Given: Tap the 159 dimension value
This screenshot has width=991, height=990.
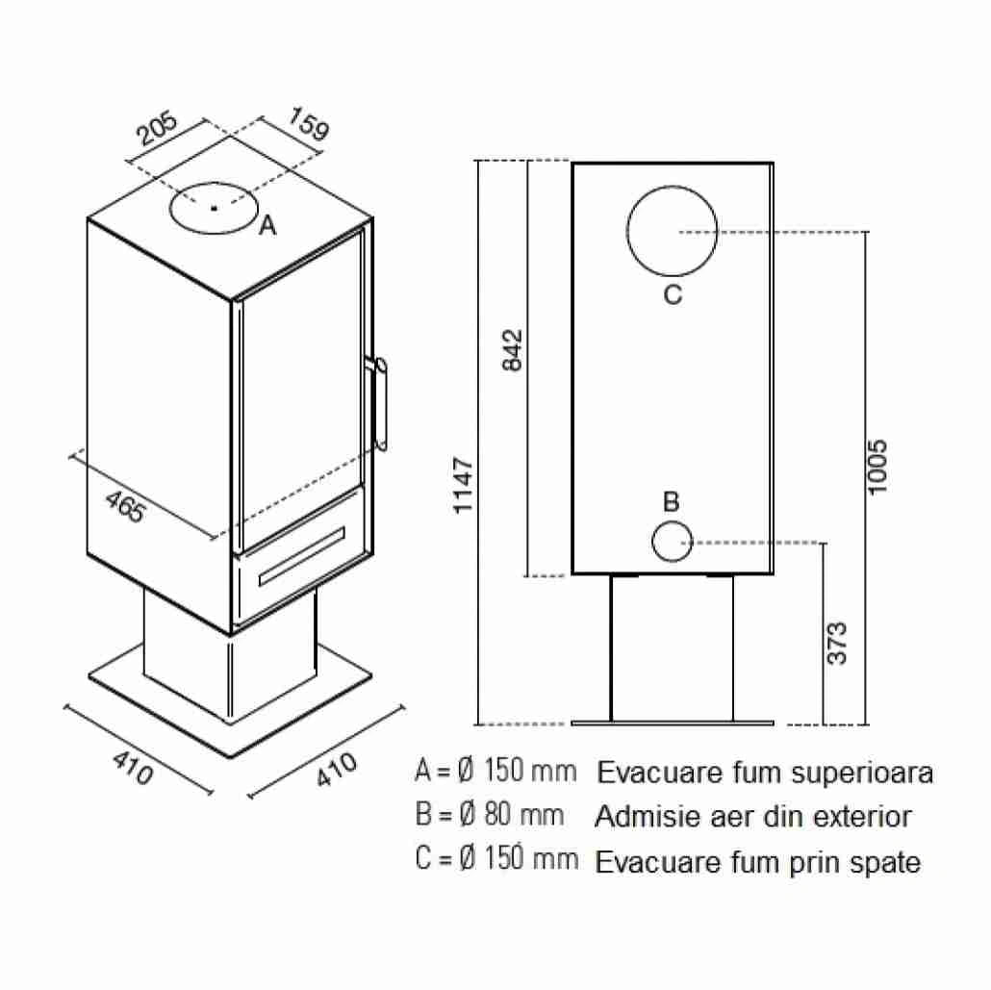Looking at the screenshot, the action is (x=309, y=123).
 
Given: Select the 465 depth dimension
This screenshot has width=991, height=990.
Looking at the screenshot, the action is (x=126, y=506).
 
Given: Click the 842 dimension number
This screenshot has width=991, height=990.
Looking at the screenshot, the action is (x=513, y=349).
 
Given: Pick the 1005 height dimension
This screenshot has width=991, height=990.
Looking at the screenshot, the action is (x=877, y=468).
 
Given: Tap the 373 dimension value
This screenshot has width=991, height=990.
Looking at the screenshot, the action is (x=837, y=643).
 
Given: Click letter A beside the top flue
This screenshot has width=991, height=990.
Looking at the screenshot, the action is (x=268, y=225).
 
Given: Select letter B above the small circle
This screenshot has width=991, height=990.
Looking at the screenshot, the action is (x=672, y=501).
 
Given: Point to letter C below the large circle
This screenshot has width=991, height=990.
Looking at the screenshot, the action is (x=673, y=294).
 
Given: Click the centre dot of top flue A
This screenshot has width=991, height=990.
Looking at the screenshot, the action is (x=215, y=208).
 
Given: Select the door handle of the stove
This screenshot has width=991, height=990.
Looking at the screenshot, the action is (x=380, y=404).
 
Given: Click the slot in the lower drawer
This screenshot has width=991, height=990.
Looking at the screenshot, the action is (x=302, y=555).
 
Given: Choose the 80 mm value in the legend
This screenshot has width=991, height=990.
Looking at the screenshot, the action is (x=524, y=815).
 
